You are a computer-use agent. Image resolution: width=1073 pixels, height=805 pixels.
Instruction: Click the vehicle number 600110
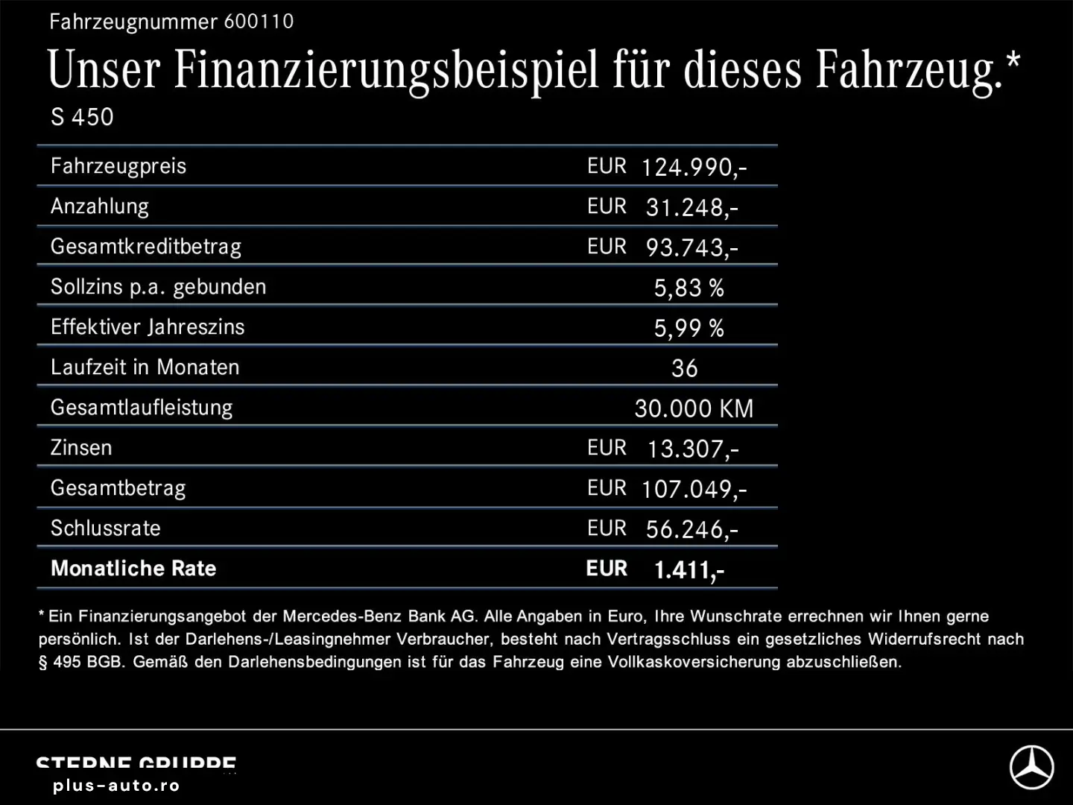pos(259,22)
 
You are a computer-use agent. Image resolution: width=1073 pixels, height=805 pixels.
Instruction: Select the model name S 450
pos(82,117)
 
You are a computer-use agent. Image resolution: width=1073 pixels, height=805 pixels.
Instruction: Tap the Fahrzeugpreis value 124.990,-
pos(693,167)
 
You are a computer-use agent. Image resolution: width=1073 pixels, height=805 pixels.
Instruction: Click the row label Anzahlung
pos(100,206)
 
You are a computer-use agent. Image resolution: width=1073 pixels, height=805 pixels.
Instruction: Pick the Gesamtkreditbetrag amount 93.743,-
pos(691,247)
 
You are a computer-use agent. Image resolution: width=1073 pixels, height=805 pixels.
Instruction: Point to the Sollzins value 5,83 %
pos(689,288)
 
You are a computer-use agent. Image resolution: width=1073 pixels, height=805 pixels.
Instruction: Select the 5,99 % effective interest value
pos(689,328)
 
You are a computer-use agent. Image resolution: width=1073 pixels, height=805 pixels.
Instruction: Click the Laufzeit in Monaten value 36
pos(685,368)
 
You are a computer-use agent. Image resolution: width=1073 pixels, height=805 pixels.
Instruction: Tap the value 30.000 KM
pos(694,408)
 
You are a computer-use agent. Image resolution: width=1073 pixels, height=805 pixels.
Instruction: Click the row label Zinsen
pos(81,448)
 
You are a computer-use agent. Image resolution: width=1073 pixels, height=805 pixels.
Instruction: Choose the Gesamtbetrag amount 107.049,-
pos(693,489)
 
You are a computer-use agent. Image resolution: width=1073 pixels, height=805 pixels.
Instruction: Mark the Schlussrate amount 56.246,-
pos(691,529)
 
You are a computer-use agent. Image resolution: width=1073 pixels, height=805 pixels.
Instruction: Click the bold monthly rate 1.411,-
pos(689,570)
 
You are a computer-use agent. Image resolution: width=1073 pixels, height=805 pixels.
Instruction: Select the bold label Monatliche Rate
pos(133,569)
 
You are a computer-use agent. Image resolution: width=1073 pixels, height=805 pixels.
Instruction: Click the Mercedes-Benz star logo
pos(1031,767)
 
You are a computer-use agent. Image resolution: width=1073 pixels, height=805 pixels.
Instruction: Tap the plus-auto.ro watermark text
pos(116,786)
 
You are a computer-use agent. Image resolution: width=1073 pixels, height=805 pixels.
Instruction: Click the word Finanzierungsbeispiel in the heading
pos(386,71)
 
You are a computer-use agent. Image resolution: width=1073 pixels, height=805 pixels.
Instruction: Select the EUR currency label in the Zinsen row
pos(607,448)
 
